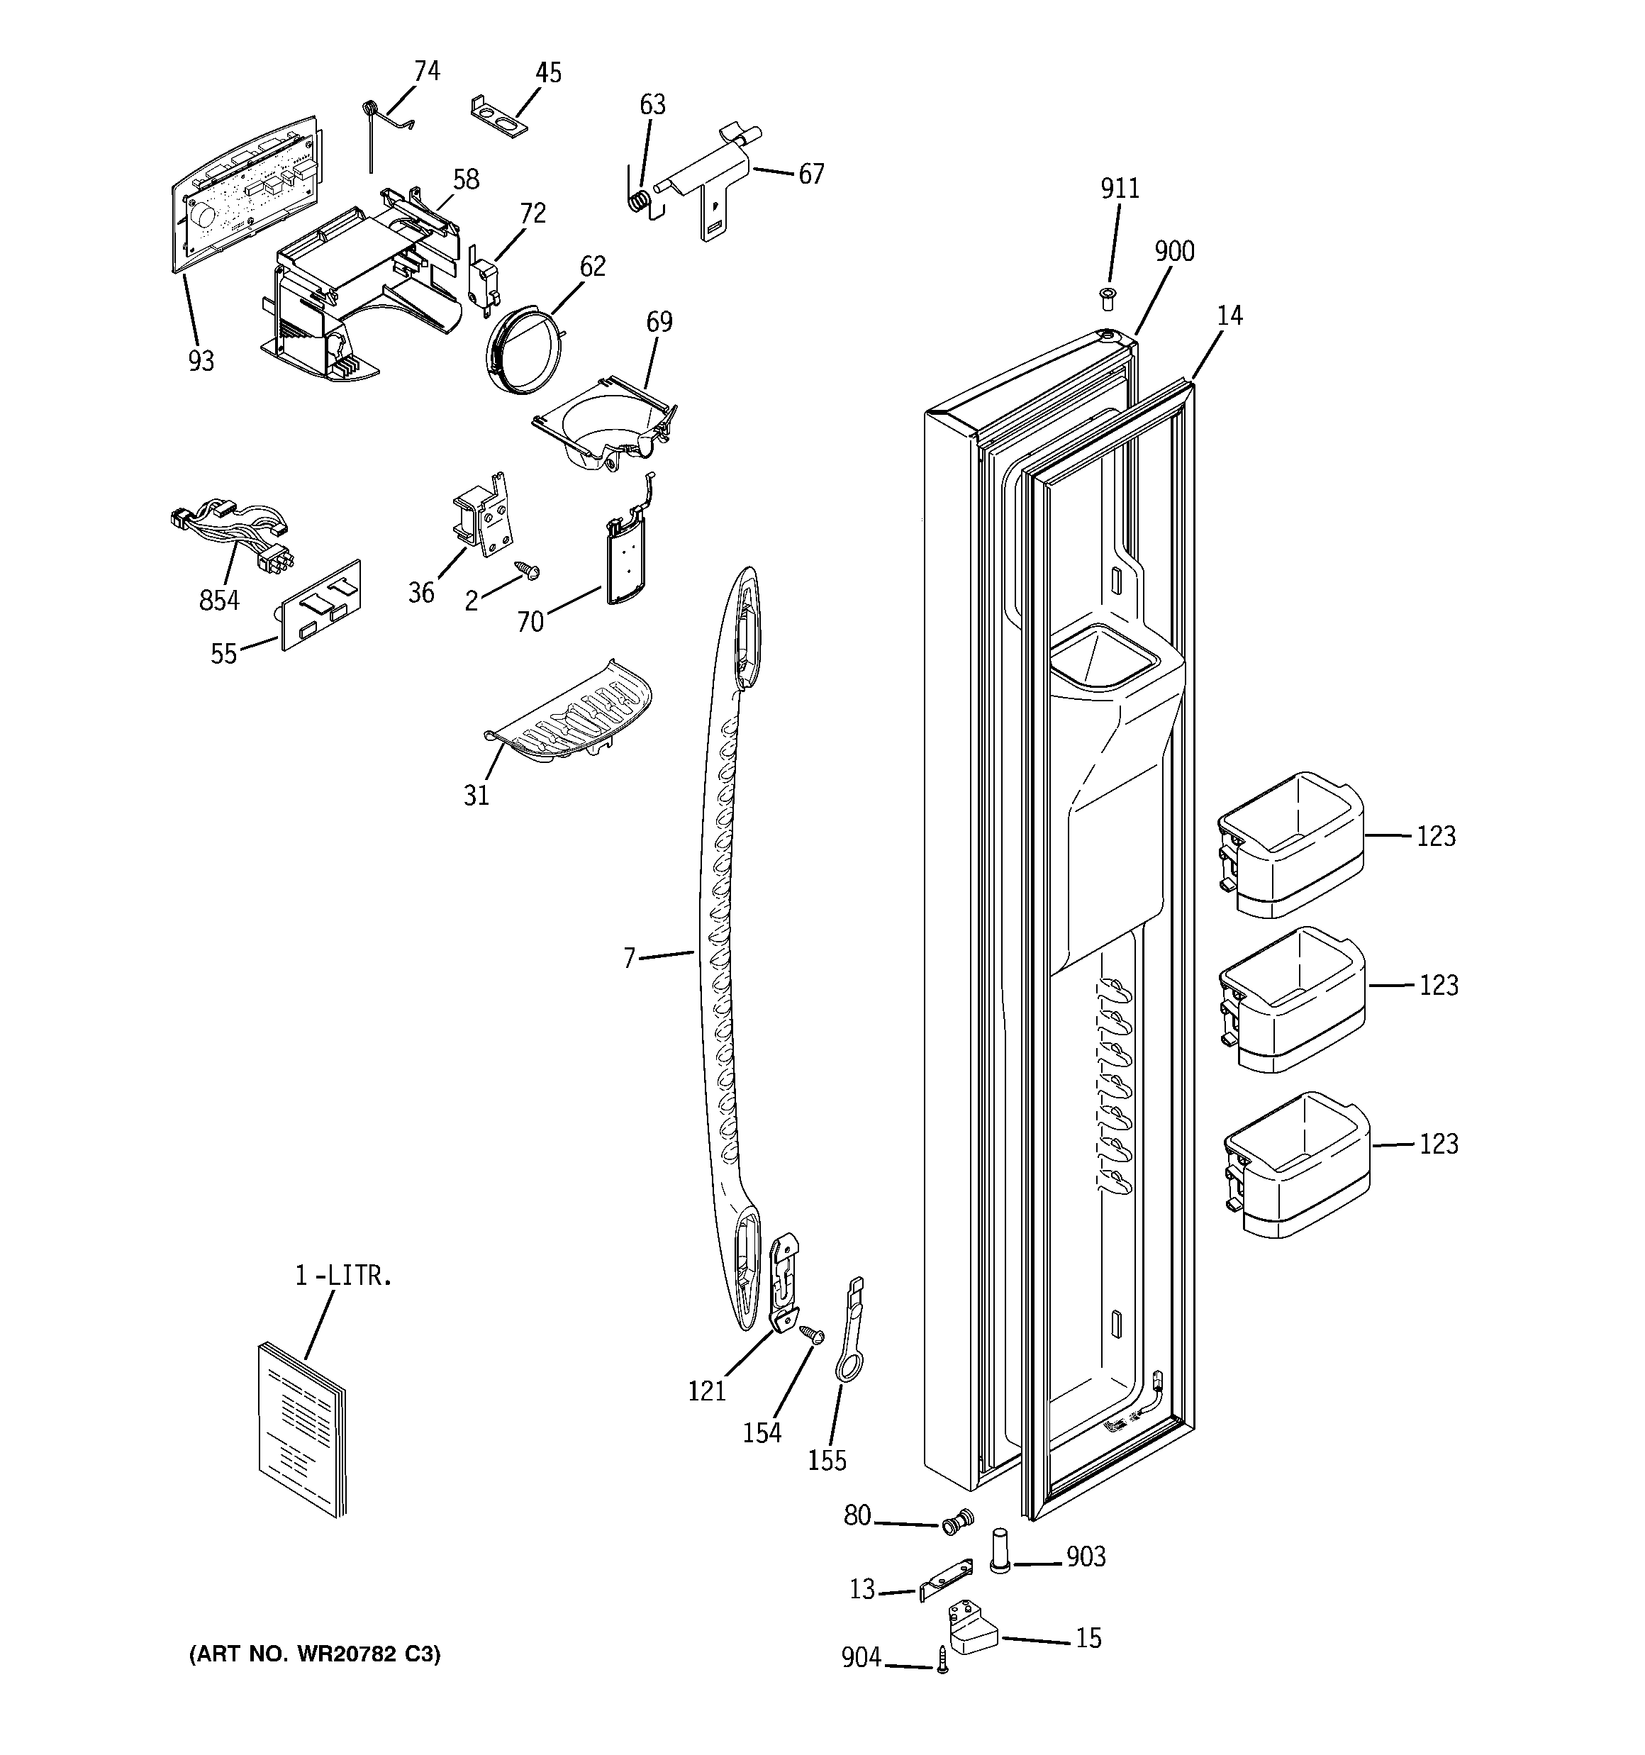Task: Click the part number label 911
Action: [1119, 189]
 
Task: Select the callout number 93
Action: [201, 361]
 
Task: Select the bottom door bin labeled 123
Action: [1296, 1164]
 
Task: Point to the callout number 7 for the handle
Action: [629, 958]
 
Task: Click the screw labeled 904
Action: [942, 1661]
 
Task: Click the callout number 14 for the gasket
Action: [1229, 315]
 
